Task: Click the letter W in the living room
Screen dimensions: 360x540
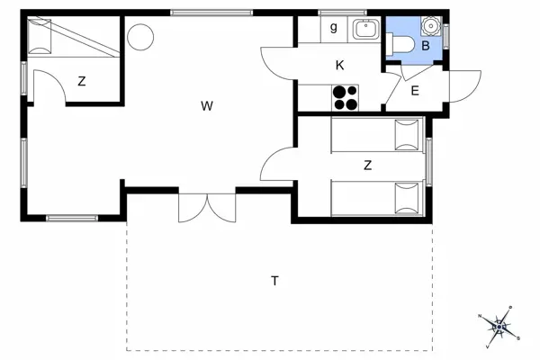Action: click(x=206, y=106)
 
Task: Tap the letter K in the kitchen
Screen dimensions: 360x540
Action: click(x=339, y=65)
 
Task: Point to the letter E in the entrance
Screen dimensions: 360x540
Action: click(x=415, y=90)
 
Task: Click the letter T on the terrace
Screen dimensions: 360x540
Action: click(x=274, y=281)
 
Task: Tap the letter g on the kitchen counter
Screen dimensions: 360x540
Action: click(x=334, y=27)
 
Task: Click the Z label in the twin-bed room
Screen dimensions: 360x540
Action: click(x=367, y=165)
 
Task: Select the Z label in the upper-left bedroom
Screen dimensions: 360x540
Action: click(x=81, y=82)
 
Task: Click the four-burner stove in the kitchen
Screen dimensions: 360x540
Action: click(x=345, y=96)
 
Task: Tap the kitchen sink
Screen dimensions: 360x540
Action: click(x=365, y=29)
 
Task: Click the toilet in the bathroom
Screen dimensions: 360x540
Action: click(x=402, y=43)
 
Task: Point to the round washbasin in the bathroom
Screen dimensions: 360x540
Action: click(x=427, y=25)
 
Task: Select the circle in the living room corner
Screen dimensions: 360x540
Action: click(x=139, y=37)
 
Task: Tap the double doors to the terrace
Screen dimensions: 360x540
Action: click(x=206, y=207)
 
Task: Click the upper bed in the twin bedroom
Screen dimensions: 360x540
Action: click(x=376, y=136)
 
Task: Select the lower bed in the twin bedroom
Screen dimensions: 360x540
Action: click(x=376, y=198)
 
